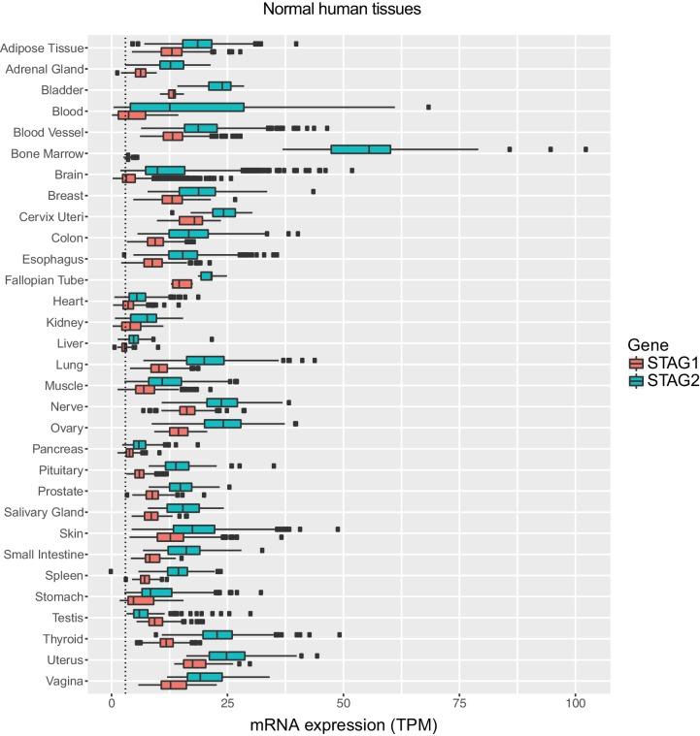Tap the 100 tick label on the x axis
[575, 701]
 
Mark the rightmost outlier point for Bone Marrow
[585, 149]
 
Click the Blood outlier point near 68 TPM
[428, 107]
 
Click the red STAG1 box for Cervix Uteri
[191, 221]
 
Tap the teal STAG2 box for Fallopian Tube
[206, 275]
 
